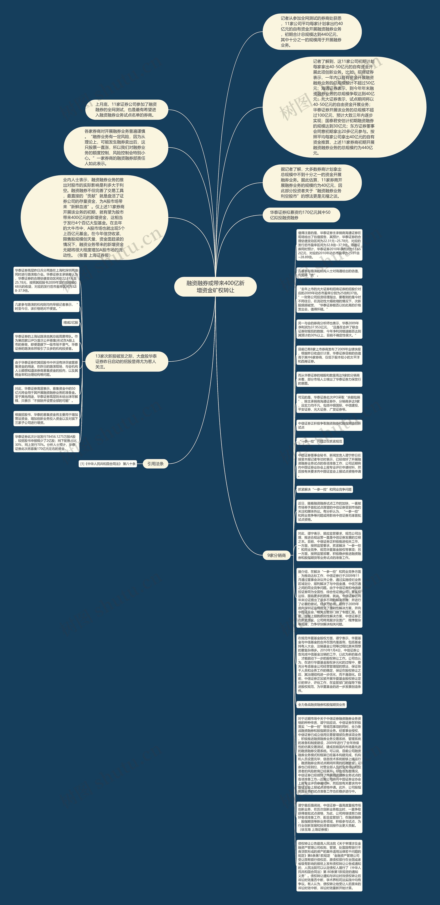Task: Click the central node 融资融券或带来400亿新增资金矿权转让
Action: (x=215, y=287)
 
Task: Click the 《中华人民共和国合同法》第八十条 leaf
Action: (x=108, y=464)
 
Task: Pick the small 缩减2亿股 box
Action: (x=71, y=323)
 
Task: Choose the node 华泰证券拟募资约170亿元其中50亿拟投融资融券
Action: (x=301, y=215)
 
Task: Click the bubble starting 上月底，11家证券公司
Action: (x=126, y=110)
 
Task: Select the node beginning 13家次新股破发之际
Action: (x=126, y=361)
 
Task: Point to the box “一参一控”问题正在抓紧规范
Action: (x=320, y=441)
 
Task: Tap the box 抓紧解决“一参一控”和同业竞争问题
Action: (x=324, y=489)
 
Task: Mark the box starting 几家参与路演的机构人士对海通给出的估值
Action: (x=329, y=273)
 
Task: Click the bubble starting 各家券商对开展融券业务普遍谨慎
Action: (x=115, y=147)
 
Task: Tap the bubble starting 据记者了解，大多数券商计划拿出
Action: (x=312, y=183)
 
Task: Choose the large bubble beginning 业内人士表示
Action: (x=94, y=217)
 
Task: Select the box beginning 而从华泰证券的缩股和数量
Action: (x=329, y=379)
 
